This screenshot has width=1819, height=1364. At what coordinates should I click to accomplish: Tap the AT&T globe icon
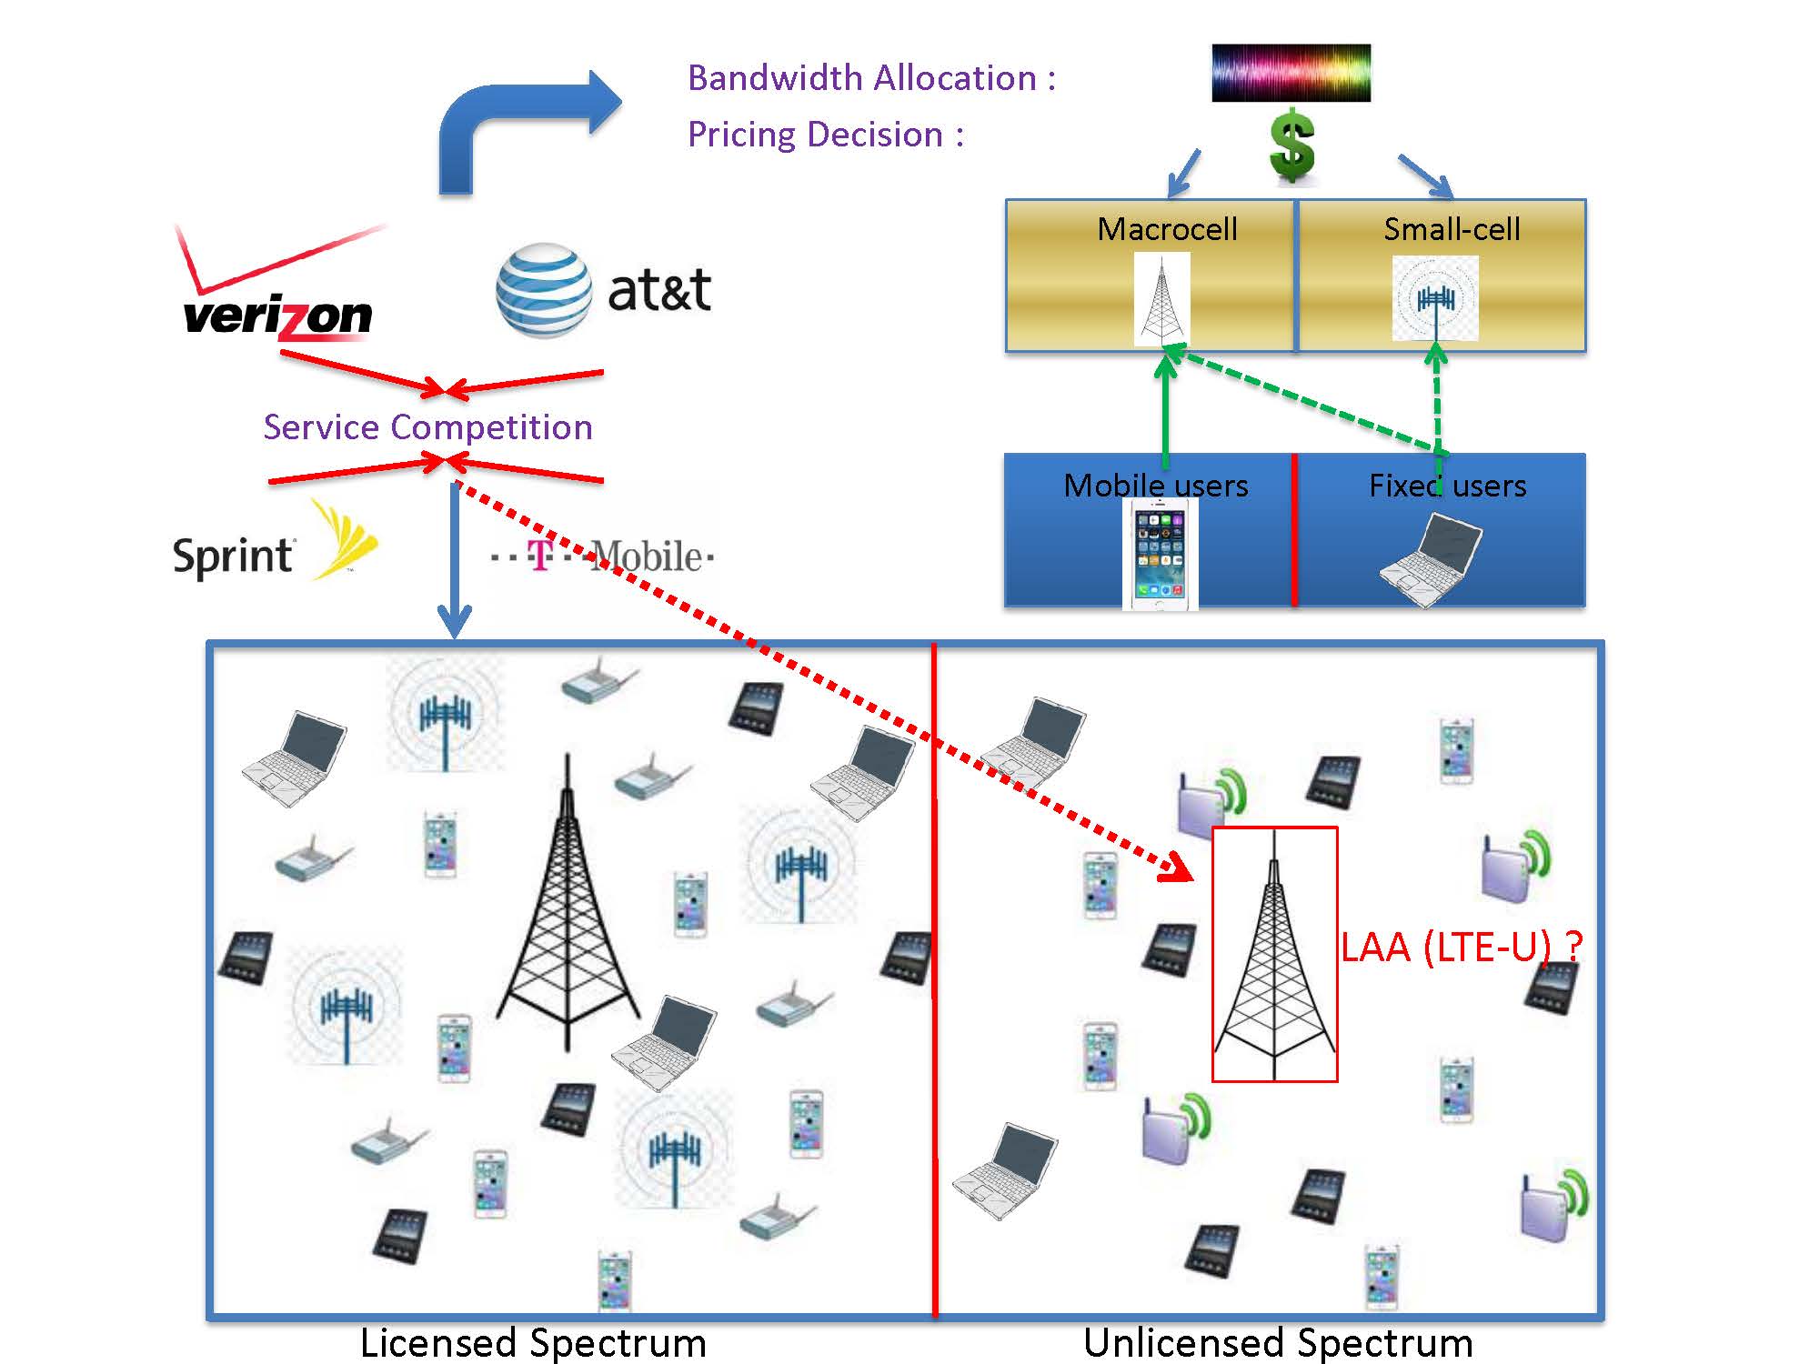543,290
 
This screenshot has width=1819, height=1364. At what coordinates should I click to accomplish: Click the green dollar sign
1291,145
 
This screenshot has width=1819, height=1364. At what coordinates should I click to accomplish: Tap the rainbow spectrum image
1291,73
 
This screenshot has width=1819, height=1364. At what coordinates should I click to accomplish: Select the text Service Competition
427,427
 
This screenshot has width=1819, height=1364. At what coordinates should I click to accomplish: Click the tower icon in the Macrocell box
1161,299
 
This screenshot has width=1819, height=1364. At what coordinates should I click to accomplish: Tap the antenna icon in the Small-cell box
1435,299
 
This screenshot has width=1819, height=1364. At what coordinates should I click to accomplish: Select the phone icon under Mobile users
1161,556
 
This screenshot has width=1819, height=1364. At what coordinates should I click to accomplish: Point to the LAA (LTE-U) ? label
1462,948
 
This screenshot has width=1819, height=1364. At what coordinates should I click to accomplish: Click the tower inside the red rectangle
1274,964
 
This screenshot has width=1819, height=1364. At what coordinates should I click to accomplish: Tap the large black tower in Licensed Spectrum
568,918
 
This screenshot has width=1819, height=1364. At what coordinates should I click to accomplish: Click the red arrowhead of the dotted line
1179,868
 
